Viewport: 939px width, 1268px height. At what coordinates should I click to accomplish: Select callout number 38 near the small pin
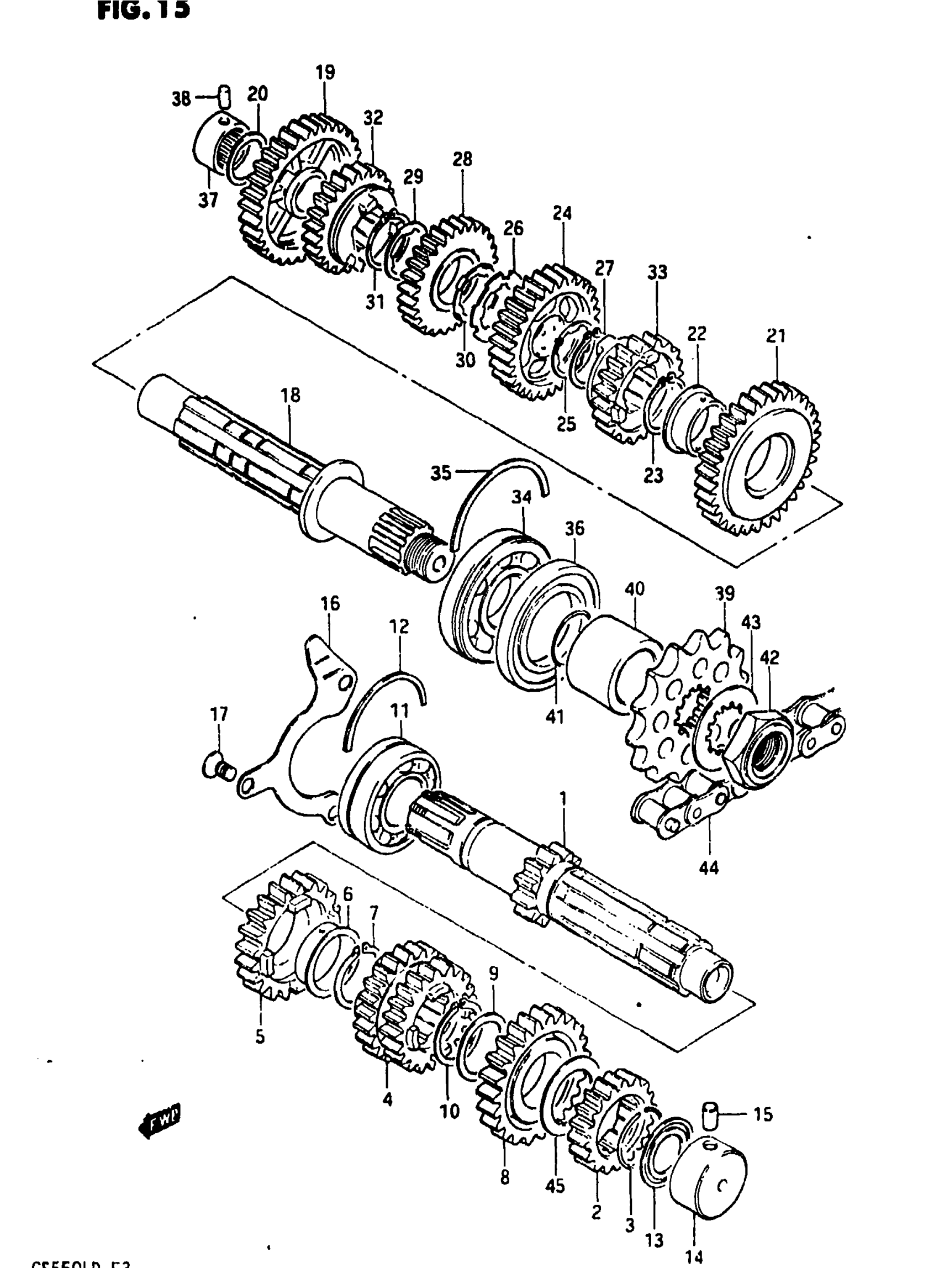[181, 99]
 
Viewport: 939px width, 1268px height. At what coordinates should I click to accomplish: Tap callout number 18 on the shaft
[291, 396]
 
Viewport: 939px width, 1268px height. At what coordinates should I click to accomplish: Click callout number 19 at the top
[325, 73]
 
